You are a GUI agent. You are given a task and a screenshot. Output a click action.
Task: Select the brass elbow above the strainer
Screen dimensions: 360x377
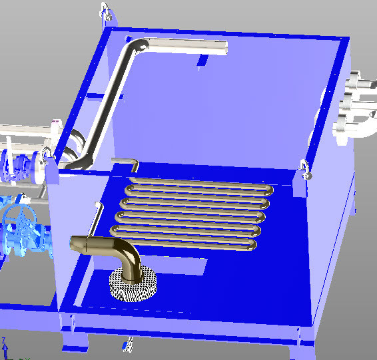(127, 256)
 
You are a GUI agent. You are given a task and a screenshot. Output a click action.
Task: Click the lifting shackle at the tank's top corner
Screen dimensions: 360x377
(105, 11)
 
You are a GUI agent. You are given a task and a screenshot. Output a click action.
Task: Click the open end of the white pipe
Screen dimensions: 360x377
(224, 47)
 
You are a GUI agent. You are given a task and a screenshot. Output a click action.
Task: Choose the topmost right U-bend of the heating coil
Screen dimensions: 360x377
(268, 190)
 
